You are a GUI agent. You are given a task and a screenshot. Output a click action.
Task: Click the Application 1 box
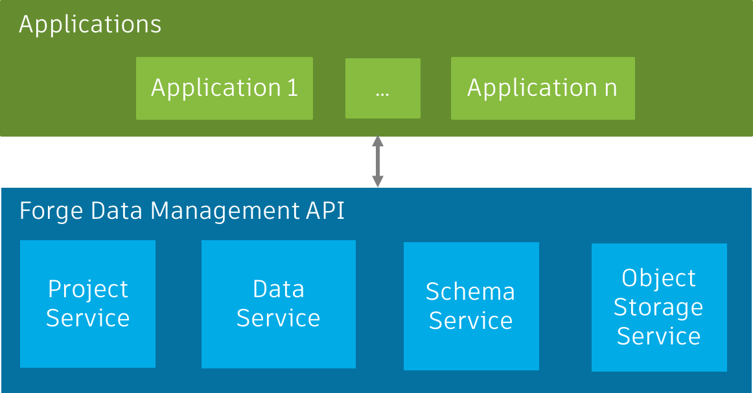[224, 88]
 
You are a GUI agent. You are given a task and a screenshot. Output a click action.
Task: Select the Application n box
[542, 88]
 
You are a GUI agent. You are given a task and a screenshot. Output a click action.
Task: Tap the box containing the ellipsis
[382, 88]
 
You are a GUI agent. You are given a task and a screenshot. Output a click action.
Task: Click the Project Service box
[87, 304]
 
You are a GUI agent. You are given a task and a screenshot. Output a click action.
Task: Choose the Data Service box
[278, 304]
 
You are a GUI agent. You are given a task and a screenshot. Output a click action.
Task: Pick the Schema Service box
[471, 306]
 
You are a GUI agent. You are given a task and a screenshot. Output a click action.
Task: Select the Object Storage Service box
[659, 307]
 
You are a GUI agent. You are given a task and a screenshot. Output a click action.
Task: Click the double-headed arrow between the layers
[377, 162]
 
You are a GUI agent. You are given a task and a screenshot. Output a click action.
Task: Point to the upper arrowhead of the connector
[377, 142]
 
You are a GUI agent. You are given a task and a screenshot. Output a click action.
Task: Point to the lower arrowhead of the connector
[377, 182]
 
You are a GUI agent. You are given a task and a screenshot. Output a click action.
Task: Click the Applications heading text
[90, 25]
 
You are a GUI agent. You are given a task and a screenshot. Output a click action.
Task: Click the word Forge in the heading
[51, 211]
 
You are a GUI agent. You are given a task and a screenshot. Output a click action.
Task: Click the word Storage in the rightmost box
[658, 308]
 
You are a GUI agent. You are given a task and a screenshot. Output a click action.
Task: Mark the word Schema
[470, 292]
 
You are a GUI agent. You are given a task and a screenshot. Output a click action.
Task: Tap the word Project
[88, 289]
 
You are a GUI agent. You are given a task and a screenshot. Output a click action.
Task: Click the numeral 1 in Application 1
[292, 88]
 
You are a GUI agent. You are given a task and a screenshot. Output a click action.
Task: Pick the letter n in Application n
[610, 89]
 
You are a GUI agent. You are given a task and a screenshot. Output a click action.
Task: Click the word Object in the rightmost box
[658, 278]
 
